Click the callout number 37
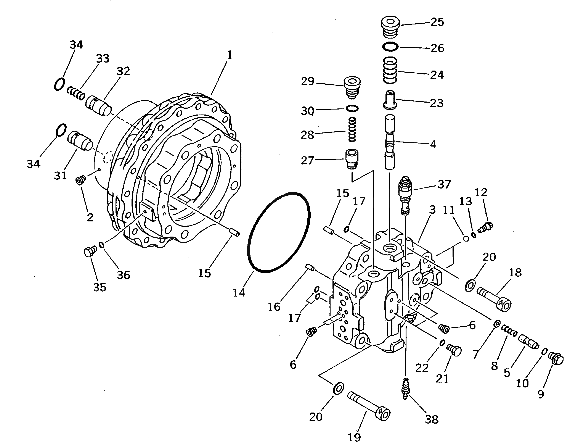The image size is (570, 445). click(444, 184)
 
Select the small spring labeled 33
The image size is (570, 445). click(76, 94)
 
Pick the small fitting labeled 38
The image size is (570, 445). click(406, 388)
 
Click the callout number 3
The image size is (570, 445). click(432, 210)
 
